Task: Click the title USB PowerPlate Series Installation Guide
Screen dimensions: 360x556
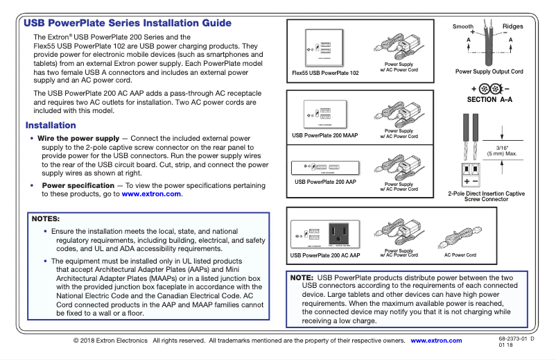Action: click(128, 23)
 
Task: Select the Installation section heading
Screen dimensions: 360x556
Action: click(51, 126)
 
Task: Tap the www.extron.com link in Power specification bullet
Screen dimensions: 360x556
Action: click(152, 194)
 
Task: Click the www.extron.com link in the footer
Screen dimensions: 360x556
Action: click(436, 341)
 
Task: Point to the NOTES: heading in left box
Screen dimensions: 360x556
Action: click(46, 218)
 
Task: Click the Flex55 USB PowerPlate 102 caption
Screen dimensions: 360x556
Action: click(326, 73)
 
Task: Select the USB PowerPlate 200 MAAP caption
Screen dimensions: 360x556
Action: click(324, 135)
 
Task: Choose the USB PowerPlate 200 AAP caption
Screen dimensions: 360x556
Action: click(325, 182)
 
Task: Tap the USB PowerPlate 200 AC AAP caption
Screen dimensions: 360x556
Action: click(326, 255)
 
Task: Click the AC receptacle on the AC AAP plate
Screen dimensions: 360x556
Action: click(340, 233)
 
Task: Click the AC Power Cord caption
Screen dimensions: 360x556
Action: click(460, 255)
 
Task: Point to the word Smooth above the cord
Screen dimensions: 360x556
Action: click(463, 26)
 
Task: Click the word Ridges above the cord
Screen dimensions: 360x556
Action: click(513, 26)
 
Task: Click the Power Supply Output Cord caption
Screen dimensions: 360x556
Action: click(489, 71)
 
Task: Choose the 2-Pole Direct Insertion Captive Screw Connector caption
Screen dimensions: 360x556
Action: click(486, 196)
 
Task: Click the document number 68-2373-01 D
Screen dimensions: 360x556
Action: click(516, 338)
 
